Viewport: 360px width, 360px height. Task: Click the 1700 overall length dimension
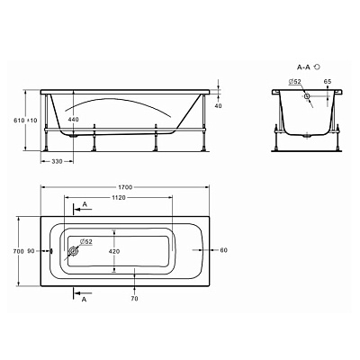pos(125,187)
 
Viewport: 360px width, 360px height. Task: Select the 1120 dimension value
pos(119,197)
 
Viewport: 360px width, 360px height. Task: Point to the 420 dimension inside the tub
pos(114,251)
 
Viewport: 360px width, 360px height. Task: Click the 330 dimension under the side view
pos(57,161)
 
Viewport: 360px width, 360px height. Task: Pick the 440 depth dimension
pos(73,120)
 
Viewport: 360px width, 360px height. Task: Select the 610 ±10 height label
pos(25,121)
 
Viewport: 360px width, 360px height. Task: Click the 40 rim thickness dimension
pos(219,105)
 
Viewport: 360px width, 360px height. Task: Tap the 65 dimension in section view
pos(328,81)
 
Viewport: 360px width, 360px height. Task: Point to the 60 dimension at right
pos(224,250)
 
